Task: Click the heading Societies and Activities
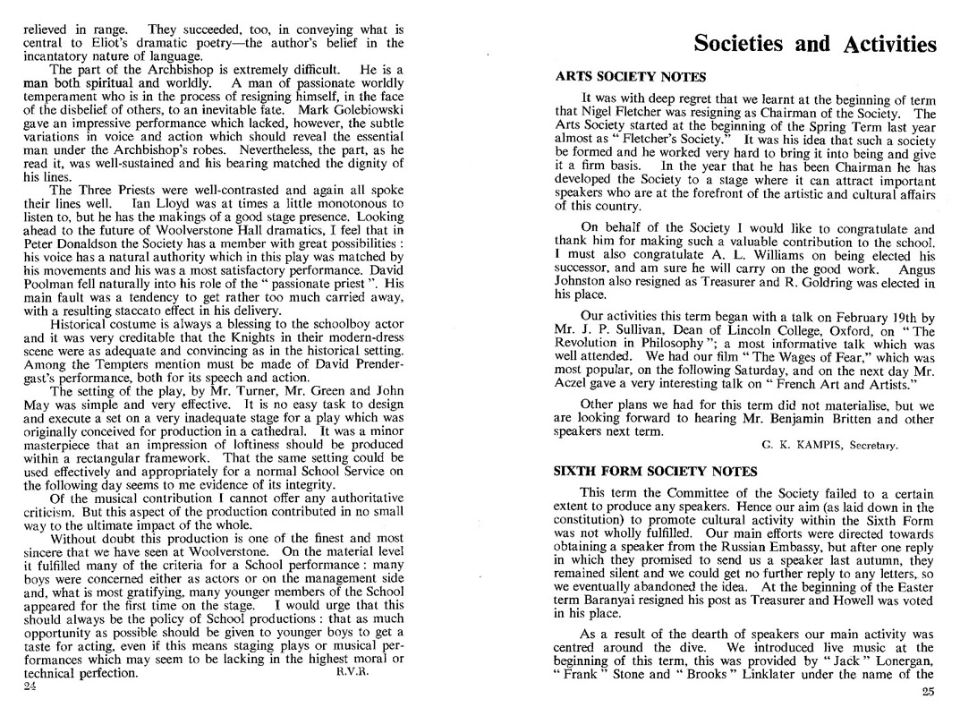pos(815,44)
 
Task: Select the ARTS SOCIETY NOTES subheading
pos(631,77)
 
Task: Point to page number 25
pos(927,691)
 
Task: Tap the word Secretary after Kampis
pos(874,445)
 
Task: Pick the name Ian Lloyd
pos(232,204)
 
